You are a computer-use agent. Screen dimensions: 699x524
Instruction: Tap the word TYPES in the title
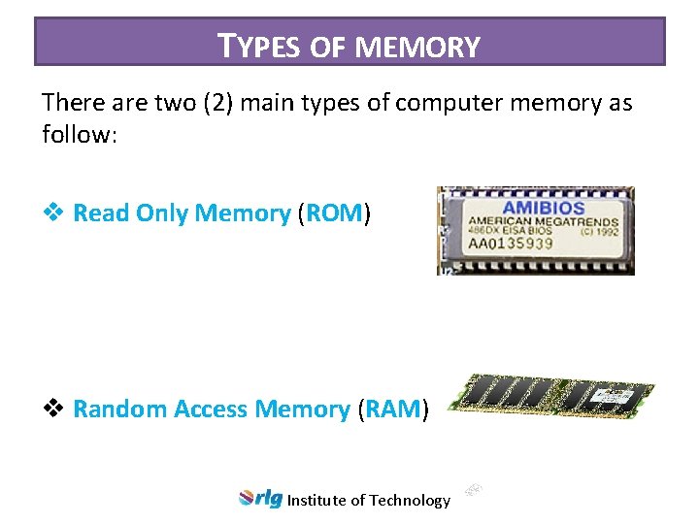click(x=250, y=46)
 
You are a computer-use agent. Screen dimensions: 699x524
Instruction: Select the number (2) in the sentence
click(x=216, y=103)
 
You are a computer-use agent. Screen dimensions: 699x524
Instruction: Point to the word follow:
click(x=80, y=134)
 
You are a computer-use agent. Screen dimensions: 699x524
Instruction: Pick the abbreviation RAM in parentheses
click(x=393, y=409)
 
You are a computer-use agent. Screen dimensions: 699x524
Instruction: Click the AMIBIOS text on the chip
click(x=543, y=209)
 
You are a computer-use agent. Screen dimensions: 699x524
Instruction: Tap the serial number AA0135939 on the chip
click(x=513, y=244)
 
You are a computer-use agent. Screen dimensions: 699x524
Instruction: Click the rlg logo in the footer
click(x=260, y=499)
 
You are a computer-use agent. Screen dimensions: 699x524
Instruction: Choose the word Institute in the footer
click(x=316, y=501)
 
